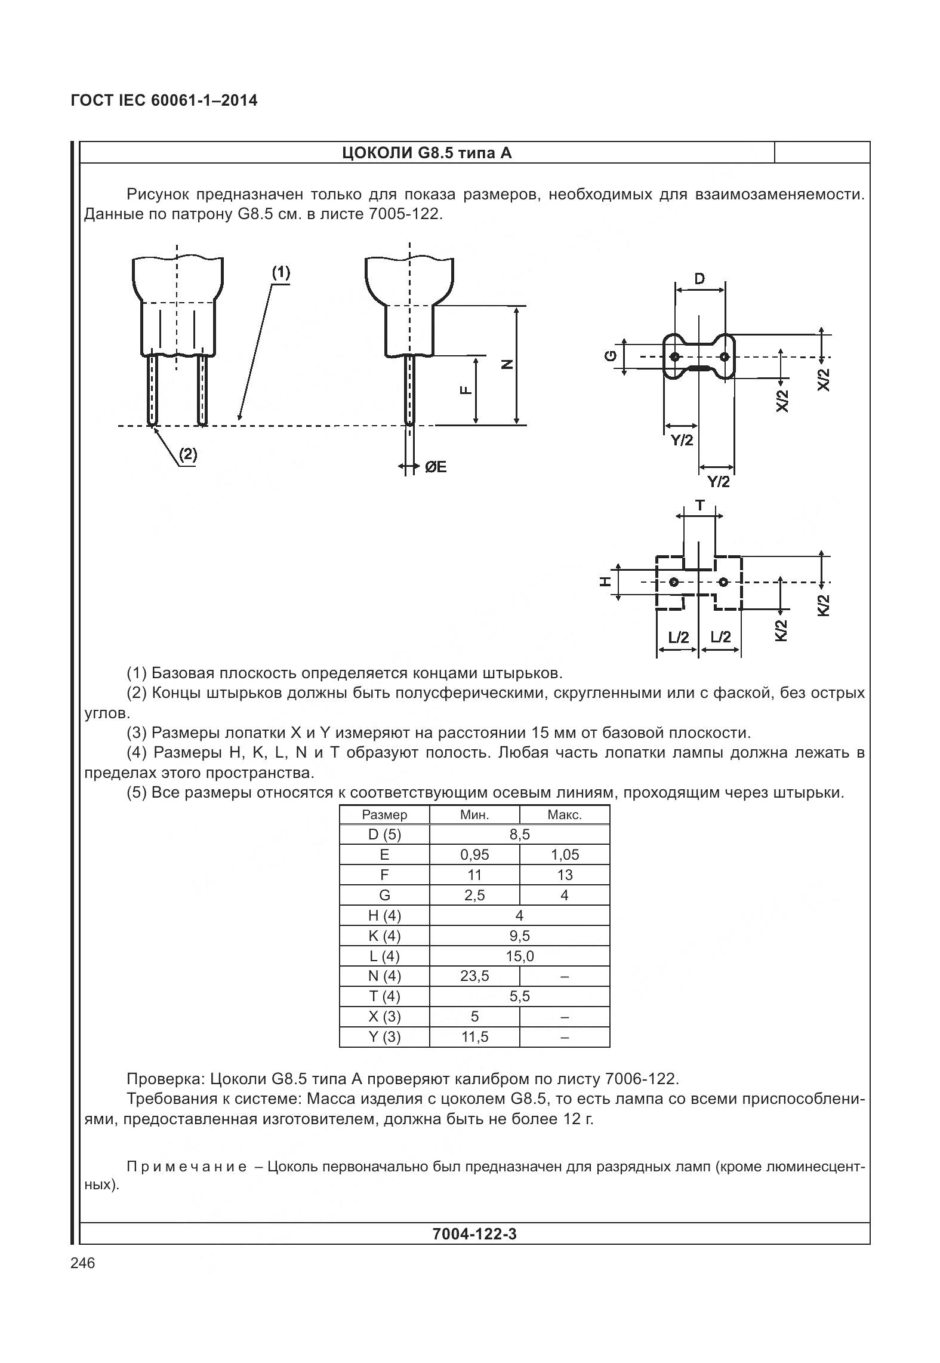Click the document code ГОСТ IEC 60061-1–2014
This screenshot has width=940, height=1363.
click(164, 100)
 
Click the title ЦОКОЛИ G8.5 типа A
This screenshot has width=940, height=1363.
click(427, 153)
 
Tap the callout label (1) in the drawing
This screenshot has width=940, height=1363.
click(281, 273)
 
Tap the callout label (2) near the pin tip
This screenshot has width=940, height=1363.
click(187, 455)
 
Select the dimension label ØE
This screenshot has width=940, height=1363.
click(436, 467)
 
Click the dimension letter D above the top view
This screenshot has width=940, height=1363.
click(699, 278)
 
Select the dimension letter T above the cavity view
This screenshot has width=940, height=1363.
click(699, 506)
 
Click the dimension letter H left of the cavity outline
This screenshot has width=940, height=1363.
click(605, 581)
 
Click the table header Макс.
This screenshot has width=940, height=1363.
click(564, 815)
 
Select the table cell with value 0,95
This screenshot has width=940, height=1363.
click(474, 855)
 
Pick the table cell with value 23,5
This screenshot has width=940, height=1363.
click(474, 976)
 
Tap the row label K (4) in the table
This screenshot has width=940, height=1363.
click(384, 936)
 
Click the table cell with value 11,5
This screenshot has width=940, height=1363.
click(474, 1037)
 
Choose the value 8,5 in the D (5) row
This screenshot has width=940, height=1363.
click(519, 835)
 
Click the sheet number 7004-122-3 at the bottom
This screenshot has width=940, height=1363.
click(474, 1234)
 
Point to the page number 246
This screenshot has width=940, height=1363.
click(82, 1263)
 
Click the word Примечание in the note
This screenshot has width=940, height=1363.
click(186, 1167)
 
